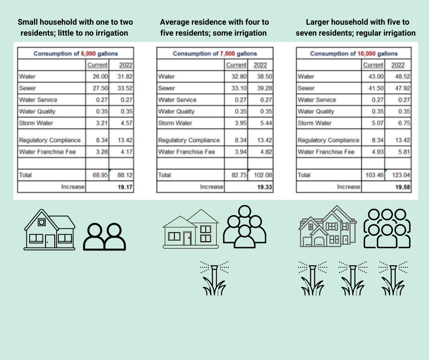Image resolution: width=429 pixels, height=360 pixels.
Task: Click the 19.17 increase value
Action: [x=125, y=187]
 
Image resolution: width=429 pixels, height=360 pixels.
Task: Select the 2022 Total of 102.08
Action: [x=263, y=175]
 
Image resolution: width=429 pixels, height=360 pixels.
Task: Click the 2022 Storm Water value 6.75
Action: [x=403, y=123]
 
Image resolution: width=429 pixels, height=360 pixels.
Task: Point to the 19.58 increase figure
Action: [x=403, y=187]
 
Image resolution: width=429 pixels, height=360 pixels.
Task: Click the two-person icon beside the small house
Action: [x=105, y=236]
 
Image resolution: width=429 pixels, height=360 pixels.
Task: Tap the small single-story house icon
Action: [x=49, y=227]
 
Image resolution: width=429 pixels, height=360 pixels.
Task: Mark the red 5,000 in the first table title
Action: [x=90, y=53]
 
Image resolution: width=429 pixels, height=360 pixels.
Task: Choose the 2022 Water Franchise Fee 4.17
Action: [x=124, y=152]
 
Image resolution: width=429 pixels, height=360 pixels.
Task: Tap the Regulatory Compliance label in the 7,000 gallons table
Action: [x=188, y=140]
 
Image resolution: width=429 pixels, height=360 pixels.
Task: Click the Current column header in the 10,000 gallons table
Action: [x=373, y=65]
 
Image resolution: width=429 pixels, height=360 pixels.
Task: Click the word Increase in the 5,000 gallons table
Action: [x=73, y=187]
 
